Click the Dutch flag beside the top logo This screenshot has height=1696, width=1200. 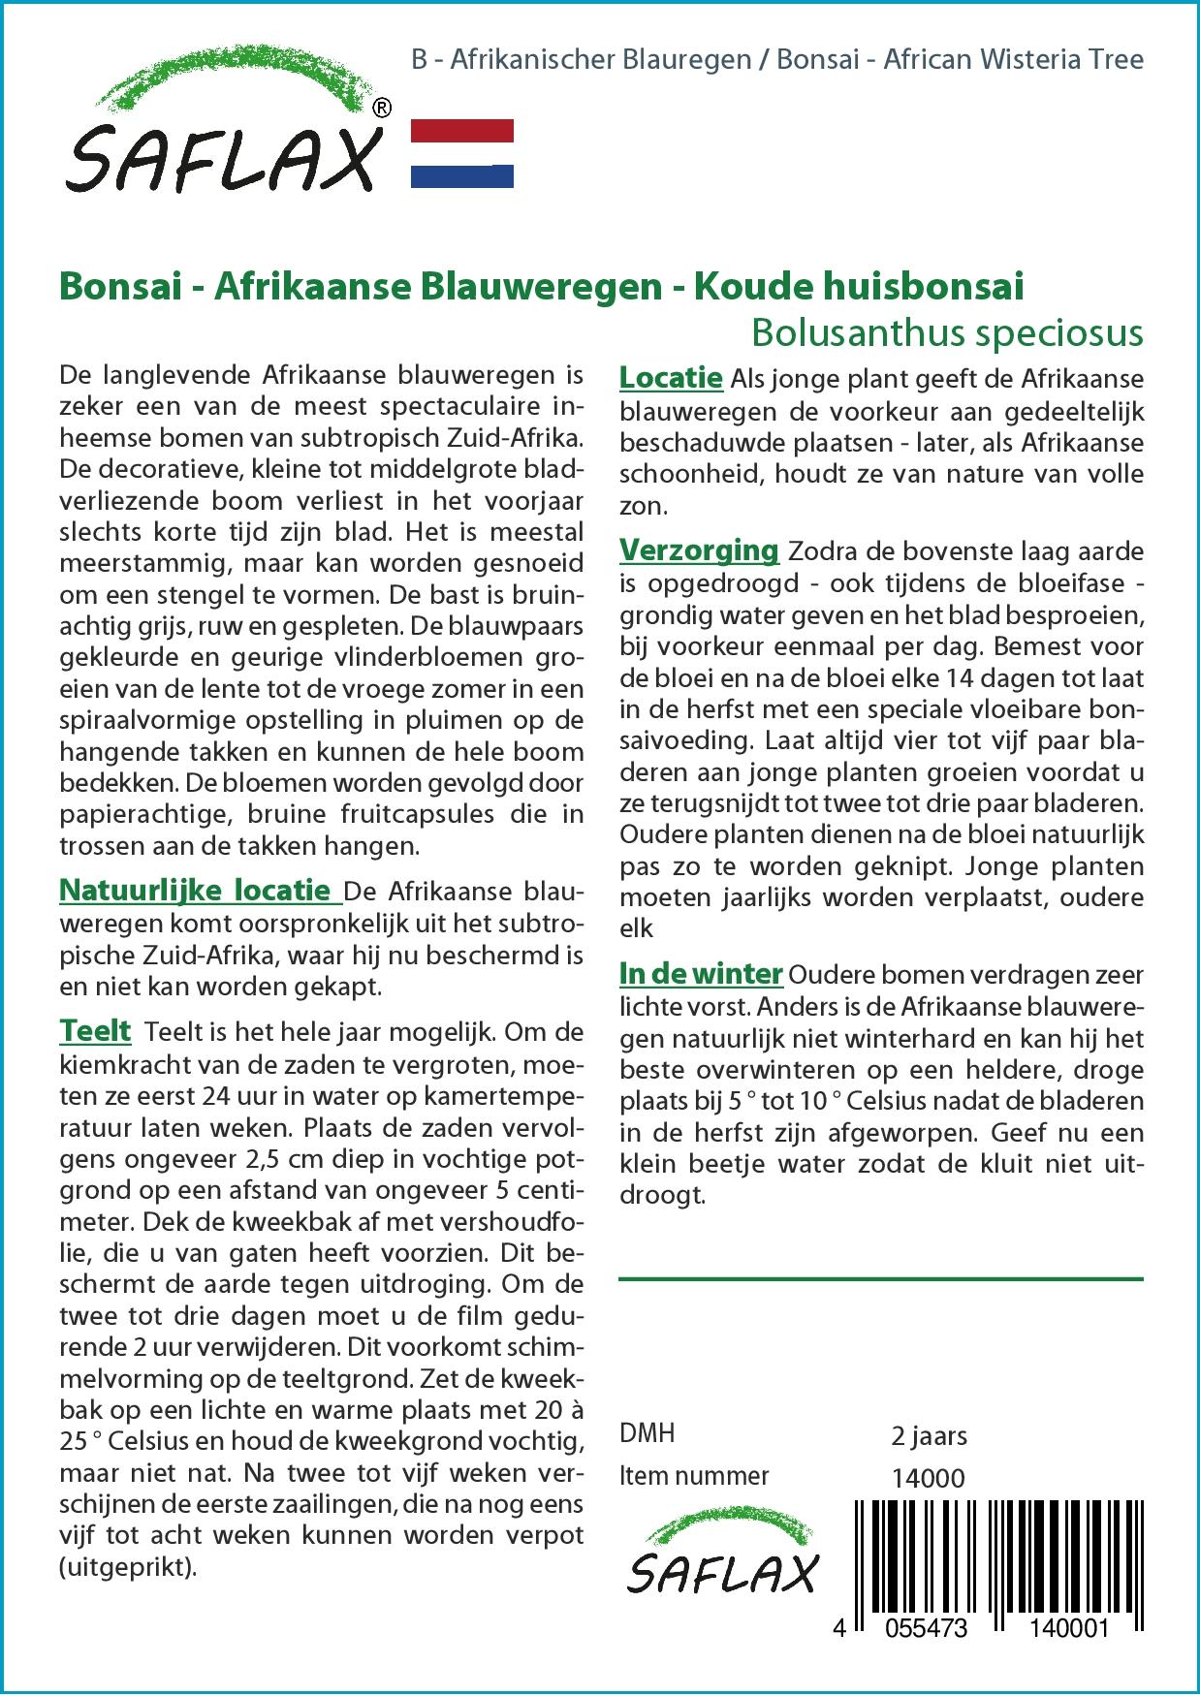462,153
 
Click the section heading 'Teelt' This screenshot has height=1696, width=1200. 95,1030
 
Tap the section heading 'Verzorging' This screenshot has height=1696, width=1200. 699,550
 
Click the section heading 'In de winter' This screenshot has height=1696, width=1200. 701,974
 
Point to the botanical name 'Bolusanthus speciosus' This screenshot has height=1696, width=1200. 947,332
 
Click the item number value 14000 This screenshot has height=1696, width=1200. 928,1477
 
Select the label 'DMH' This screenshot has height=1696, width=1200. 647,1432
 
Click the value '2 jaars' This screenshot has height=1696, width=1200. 929,1434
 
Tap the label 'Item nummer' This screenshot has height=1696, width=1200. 694,1476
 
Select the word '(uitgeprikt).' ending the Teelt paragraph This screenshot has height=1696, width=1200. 128,1567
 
